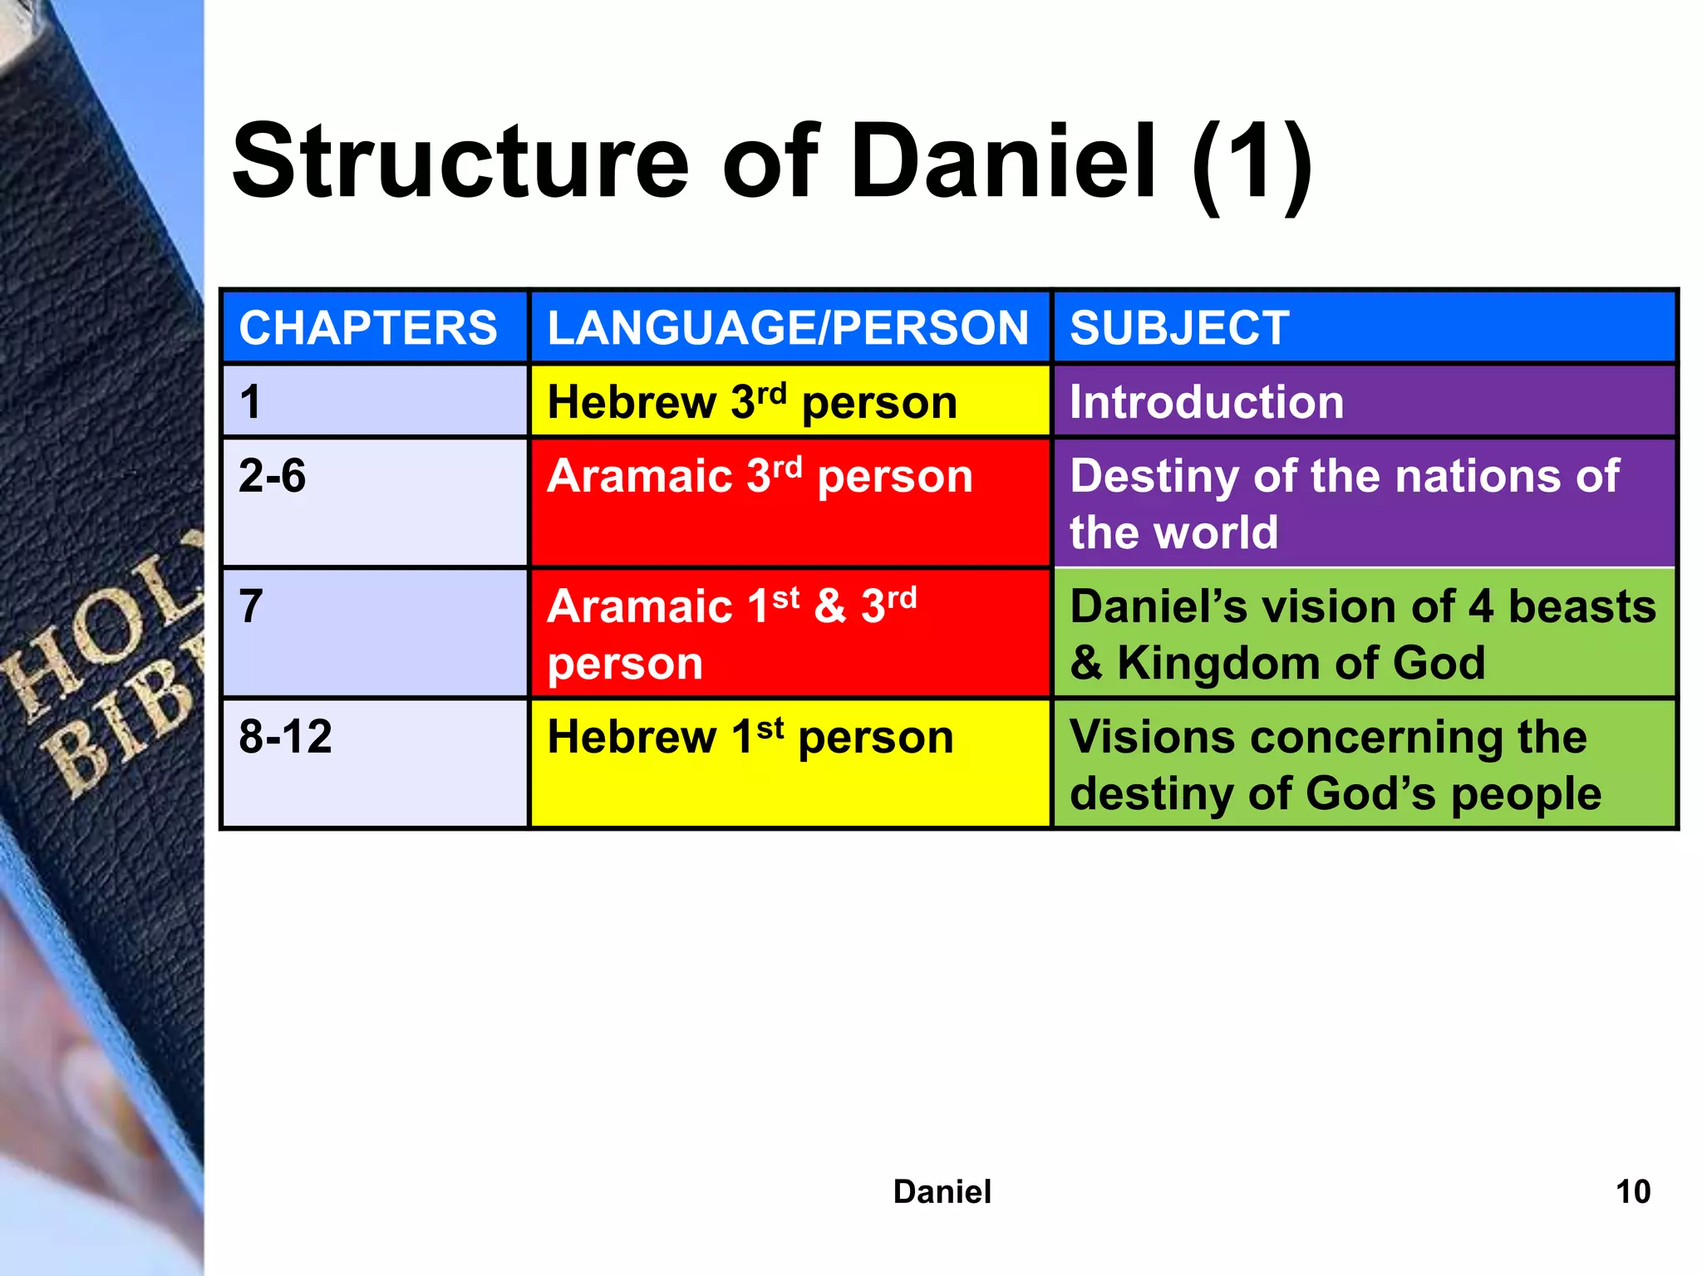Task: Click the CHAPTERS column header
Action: pos(368,328)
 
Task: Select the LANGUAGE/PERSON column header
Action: pos(788,328)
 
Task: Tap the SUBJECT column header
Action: pos(1179,328)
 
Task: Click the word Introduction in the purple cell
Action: pos(1206,403)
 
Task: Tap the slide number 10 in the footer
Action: pos(1632,1192)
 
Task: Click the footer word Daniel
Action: pos(942,1192)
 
